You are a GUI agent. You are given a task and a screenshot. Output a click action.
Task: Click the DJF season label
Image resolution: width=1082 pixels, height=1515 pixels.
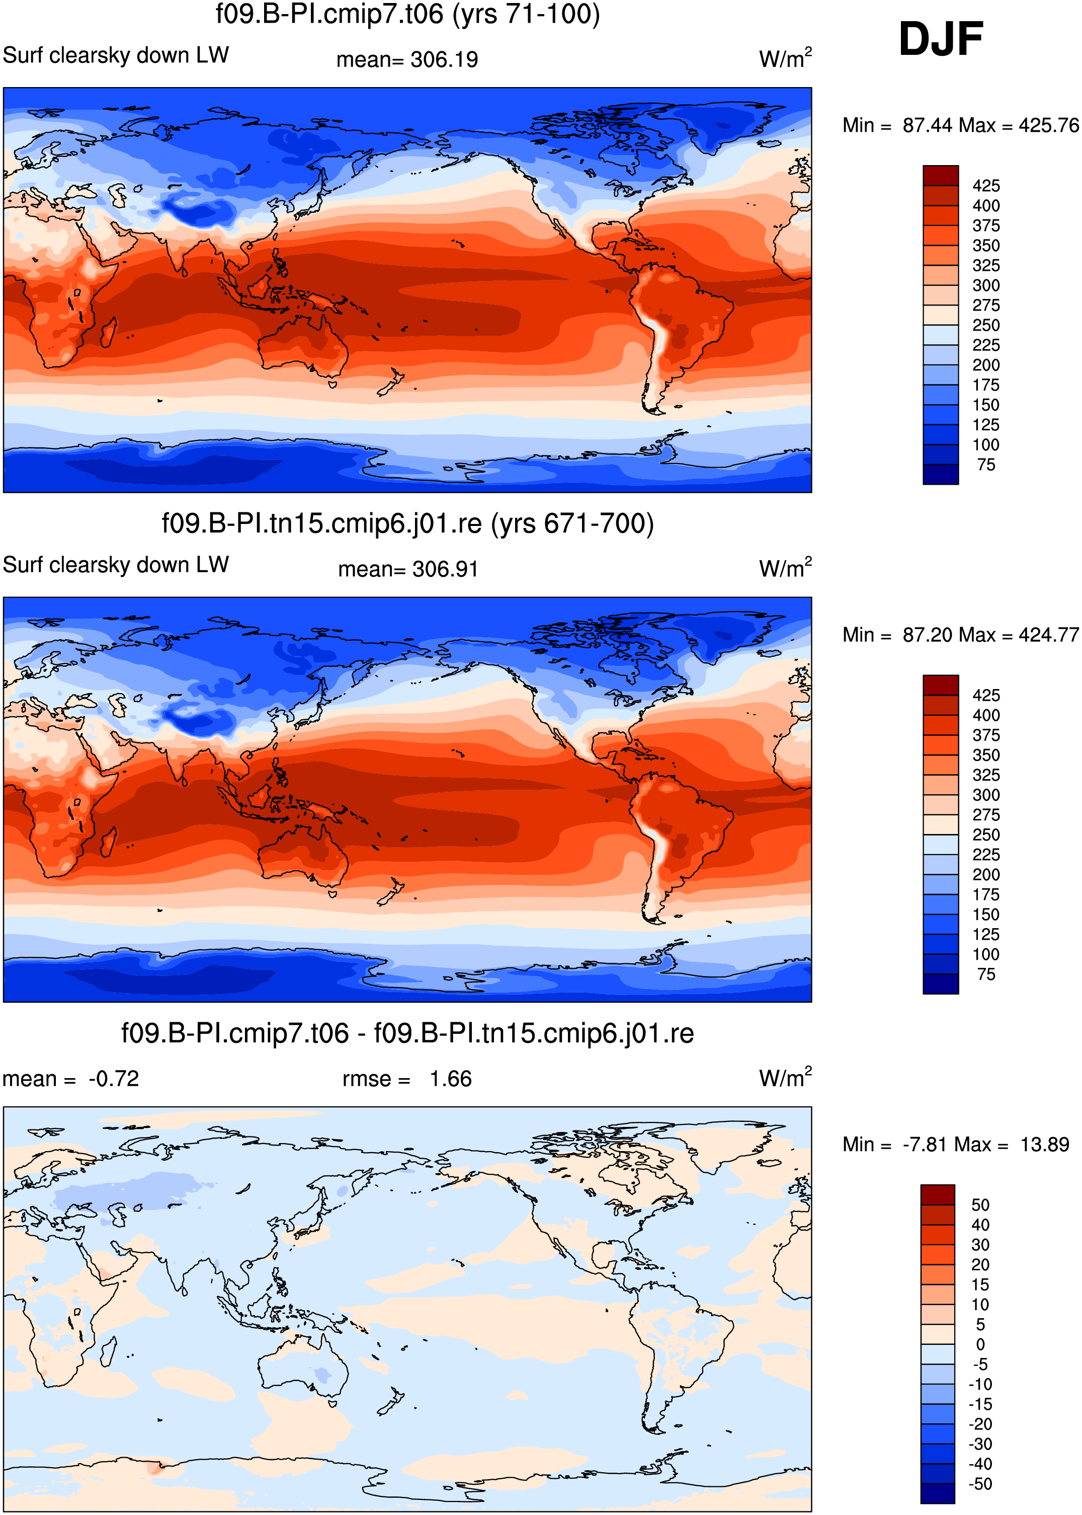click(x=940, y=39)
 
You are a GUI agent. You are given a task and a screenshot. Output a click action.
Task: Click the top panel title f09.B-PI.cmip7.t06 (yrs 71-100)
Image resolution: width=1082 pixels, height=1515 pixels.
click(x=408, y=14)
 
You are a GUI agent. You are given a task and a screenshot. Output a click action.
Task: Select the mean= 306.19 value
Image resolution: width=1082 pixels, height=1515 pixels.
click(x=407, y=59)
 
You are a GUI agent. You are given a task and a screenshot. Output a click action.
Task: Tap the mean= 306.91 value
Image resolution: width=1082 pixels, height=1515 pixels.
click(x=408, y=569)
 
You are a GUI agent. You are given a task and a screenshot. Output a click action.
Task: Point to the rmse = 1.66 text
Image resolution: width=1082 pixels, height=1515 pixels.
click(x=407, y=1079)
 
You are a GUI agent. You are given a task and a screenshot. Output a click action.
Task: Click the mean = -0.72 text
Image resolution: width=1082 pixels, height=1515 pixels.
click(x=70, y=1079)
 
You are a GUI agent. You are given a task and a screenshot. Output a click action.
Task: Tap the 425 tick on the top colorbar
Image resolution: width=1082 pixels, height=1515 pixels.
click(x=986, y=186)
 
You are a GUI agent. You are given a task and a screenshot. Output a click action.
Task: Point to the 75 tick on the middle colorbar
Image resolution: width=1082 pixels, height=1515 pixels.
click(x=986, y=974)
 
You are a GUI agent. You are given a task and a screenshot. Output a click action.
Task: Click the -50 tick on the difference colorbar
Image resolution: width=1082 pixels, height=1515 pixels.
click(x=980, y=1484)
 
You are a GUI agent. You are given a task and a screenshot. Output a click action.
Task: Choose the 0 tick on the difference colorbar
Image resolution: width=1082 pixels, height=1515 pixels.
click(x=980, y=1344)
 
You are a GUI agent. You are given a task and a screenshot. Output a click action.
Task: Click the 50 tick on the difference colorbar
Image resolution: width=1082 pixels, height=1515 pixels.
click(x=980, y=1205)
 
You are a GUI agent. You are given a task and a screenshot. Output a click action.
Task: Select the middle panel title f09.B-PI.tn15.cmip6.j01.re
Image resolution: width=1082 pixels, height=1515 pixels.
click(x=408, y=524)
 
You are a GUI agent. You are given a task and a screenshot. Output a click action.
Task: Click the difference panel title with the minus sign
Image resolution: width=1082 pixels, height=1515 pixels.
click(x=408, y=1034)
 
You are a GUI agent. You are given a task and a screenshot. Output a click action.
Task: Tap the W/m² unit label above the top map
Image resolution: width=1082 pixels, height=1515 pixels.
click(x=786, y=57)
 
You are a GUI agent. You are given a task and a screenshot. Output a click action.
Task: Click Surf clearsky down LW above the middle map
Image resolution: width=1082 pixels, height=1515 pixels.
click(x=116, y=565)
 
